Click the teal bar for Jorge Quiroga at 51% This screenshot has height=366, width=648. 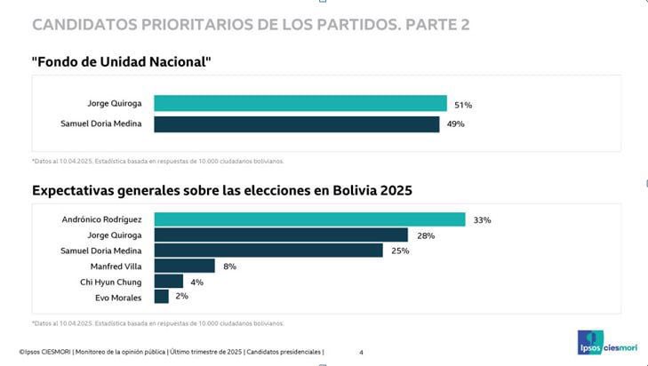[300, 103]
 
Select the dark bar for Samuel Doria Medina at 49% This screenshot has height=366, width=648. [297, 124]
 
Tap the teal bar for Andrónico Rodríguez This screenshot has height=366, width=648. [309, 219]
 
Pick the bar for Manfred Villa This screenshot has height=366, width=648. [185, 266]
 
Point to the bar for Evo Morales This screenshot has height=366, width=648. [162, 297]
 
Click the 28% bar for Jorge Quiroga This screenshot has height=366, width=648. [281, 235]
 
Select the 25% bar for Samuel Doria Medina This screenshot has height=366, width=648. [268, 251]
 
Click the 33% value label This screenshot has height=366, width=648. [482, 219]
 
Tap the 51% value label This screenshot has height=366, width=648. [462, 103]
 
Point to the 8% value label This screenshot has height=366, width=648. [229, 266]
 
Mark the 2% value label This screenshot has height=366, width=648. [181, 297]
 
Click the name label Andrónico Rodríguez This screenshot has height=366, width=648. [102, 219]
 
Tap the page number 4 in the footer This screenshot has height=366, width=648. [361, 353]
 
